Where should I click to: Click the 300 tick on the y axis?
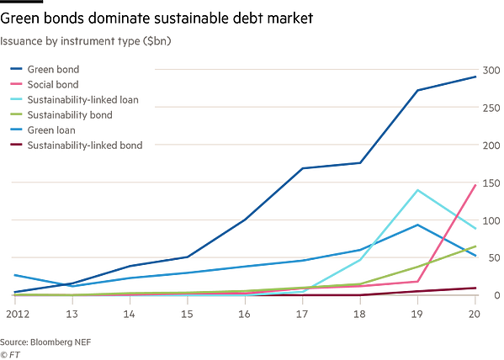point(491,69)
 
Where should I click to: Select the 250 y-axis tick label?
point(491,107)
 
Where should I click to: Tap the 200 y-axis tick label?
point(491,145)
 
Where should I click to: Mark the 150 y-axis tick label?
point(491,183)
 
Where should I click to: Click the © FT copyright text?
point(10,354)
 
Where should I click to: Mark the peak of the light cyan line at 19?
point(417,189)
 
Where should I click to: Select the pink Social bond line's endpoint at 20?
point(477,184)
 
